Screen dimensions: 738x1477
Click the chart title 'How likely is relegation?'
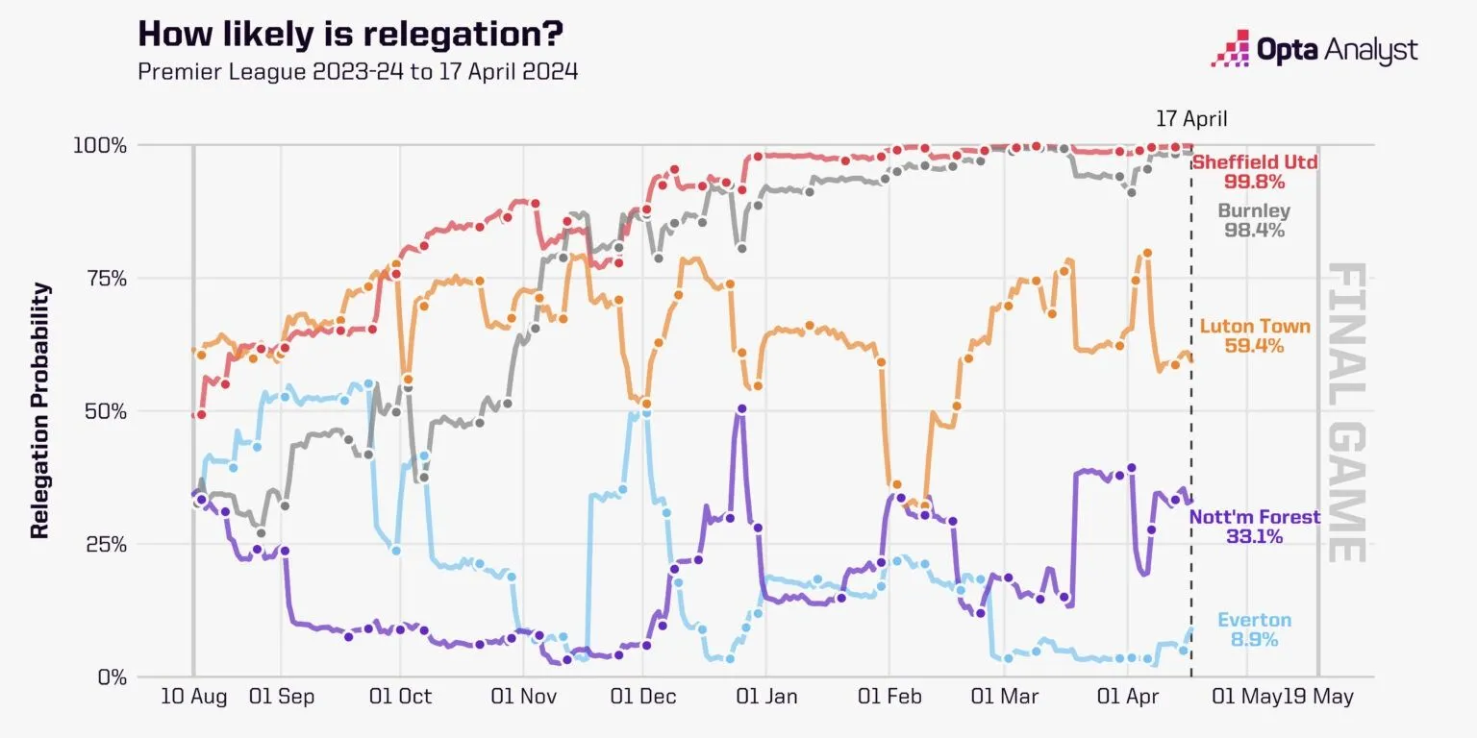[x=350, y=35]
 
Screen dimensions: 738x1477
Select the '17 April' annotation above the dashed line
[x=1191, y=119]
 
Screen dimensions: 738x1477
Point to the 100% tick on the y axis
[x=100, y=146]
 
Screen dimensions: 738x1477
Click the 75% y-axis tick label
[x=105, y=279]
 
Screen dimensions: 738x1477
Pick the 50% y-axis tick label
[x=105, y=411]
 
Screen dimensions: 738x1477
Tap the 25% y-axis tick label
[x=105, y=544]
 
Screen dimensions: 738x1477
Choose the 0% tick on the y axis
[x=111, y=676]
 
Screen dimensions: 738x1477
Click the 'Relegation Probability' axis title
[x=40, y=410]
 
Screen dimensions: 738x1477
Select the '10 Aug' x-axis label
[x=193, y=697]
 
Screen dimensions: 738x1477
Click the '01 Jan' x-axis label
[x=765, y=697]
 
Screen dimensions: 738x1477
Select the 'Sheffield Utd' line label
[x=1255, y=161]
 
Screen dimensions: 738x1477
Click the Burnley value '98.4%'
[x=1254, y=231]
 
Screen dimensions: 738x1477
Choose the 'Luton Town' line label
[x=1255, y=327]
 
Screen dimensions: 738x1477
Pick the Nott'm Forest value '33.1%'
[x=1254, y=537]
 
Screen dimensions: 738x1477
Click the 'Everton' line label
[x=1254, y=620]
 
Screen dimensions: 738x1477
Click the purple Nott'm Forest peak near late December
[x=741, y=408]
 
